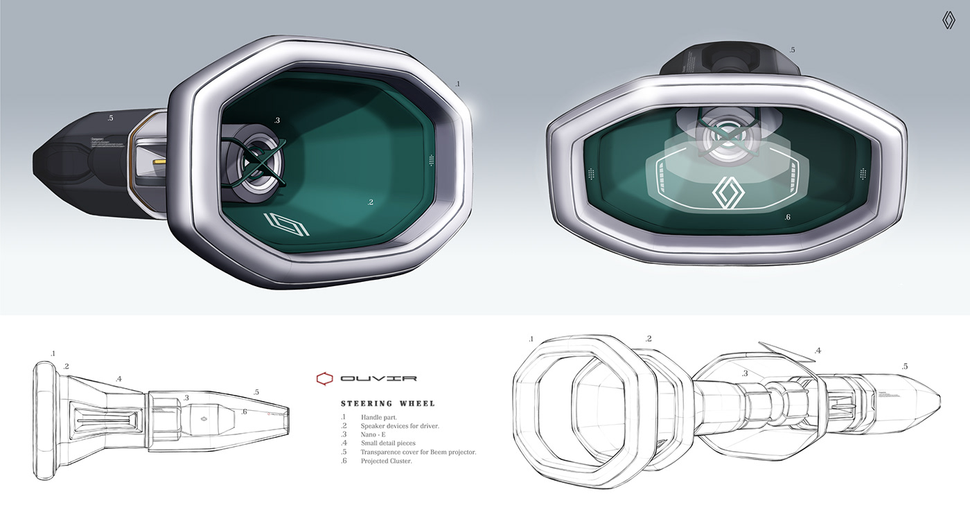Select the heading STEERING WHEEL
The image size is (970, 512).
[x=387, y=403]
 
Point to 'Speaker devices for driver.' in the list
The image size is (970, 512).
[x=400, y=425]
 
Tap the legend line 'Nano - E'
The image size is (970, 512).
[x=376, y=434]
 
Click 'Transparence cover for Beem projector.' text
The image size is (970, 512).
[x=418, y=452]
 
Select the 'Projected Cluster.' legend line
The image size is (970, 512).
[x=386, y=461]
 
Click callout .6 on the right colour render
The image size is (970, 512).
[x=788, y=218]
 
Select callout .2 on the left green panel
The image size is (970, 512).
[x=371, y=202]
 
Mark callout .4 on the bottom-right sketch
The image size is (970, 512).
[x=818, y=351]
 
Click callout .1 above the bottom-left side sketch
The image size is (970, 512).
[x=53, y=354]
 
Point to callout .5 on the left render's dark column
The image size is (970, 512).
[x=110, y=118]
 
